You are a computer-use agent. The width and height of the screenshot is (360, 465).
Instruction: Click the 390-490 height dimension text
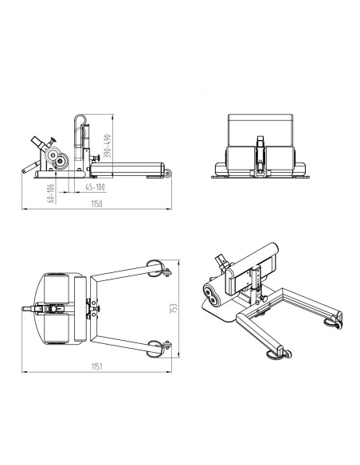coord(108,146)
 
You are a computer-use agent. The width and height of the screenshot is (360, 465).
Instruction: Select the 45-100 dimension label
coord(95,187)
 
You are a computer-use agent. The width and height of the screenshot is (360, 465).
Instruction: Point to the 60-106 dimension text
coord(51,193)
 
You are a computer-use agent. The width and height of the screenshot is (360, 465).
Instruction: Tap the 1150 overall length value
coord(96,204)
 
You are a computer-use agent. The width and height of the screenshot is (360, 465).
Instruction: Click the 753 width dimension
coord(174,308)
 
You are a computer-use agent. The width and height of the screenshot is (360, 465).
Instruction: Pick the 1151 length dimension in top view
coord(96,366)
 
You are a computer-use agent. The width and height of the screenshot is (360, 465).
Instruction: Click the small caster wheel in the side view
coord(168,174)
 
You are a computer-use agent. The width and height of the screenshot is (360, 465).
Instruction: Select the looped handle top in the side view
coord(80,118)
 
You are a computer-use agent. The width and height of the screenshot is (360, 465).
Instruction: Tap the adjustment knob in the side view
coord(96,158)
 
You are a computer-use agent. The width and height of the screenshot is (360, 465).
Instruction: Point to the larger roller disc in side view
coord(53,154)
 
